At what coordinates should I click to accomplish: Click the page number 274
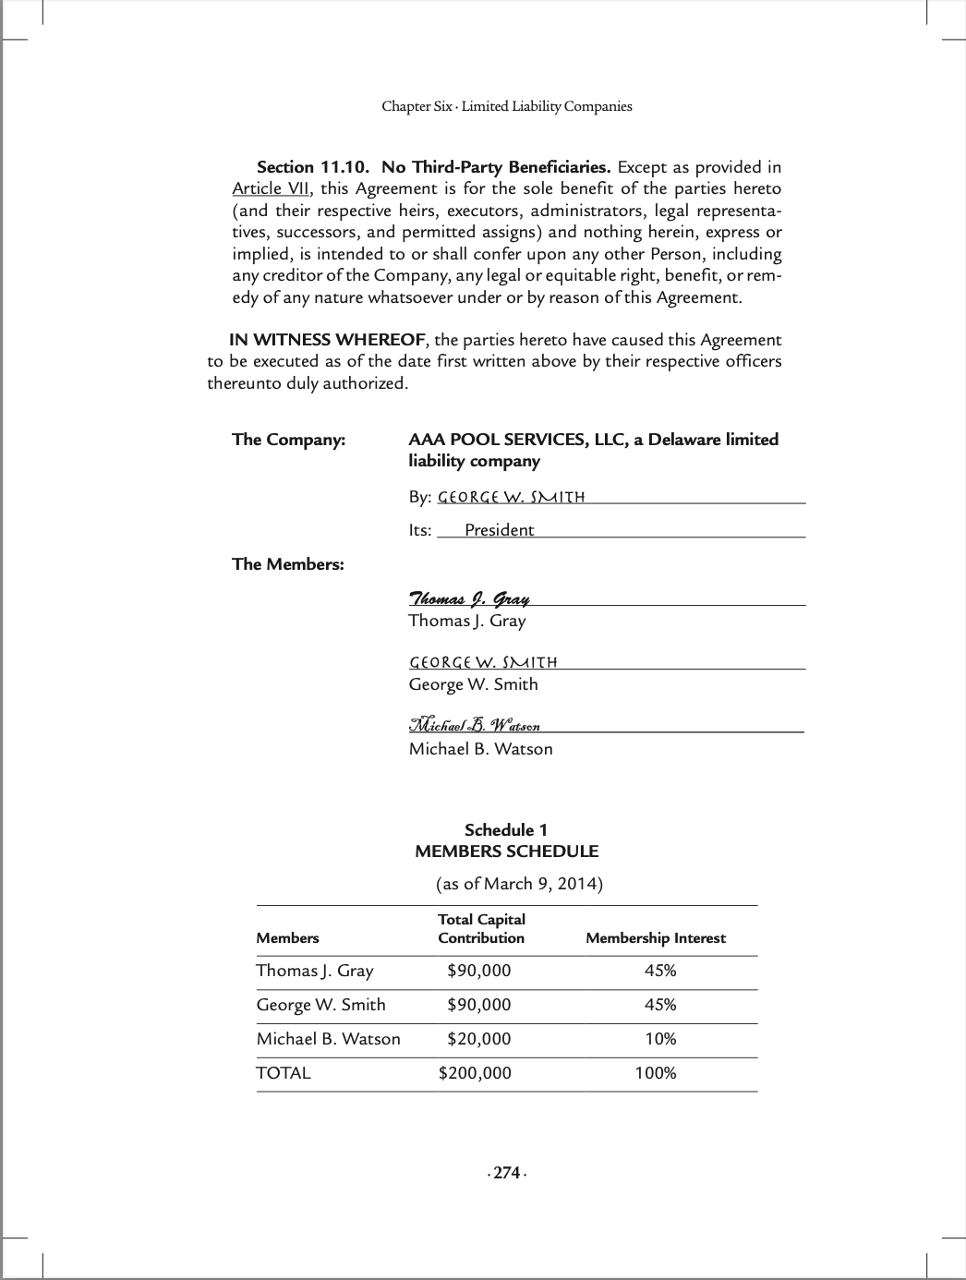(x=506, y=1173)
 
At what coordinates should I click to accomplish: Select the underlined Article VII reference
(x=271, y=188)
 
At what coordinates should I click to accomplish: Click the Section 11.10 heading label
(x=313, y=167)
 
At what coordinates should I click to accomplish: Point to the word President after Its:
(x=499, y=530)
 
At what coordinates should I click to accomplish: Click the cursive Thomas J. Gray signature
(x=469, y=598)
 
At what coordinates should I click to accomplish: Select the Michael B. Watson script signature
(x=475, y=724)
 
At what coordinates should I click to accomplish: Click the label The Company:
(x=288, y=440)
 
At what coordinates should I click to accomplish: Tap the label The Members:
(x=287, y=564)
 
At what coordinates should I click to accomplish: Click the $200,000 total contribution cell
(x=475, y=1073)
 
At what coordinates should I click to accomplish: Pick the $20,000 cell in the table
(x=478, y=1039)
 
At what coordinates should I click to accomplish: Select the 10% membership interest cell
(x=660, y=1039)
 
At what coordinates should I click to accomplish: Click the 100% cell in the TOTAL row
(x=656, y=1073)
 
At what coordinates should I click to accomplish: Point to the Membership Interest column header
(x=656, y=938)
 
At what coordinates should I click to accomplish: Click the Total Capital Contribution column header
(x=481, y=929)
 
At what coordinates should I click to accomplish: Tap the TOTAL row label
(x=284, y=1073)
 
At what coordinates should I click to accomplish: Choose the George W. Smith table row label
(x=320, y=1005)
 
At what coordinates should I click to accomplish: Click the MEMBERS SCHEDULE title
(x=506, y=851)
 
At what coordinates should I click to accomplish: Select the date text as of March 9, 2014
(x=519, y=884)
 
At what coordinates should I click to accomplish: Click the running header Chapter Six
(x=507, y=106)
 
